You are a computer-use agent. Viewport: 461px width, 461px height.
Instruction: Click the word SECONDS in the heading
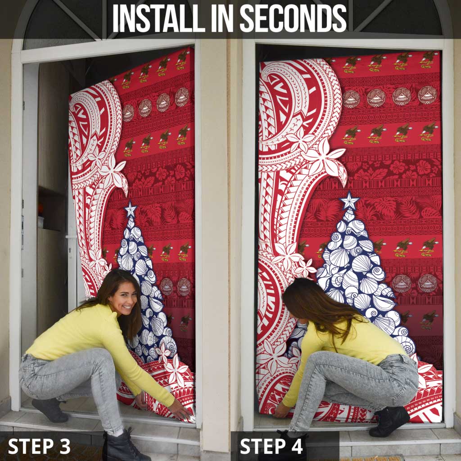tap(293, 18)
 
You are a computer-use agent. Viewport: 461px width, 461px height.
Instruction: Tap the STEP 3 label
tap(39, 446)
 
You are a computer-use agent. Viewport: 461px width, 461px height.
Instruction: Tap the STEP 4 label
tap(271, 446)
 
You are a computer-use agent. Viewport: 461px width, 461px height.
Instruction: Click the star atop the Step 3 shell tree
tap(130, 209)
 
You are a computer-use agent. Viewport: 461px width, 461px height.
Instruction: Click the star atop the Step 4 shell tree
tap(349, 200)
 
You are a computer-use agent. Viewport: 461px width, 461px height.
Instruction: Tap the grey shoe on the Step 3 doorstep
tap(50, 410)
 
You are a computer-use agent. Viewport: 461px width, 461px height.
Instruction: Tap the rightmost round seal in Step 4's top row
tap(427, 95)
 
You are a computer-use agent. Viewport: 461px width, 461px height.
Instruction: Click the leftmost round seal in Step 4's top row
tap(351, 99)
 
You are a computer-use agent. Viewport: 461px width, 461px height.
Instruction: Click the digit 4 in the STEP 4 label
tap(296, 446)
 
